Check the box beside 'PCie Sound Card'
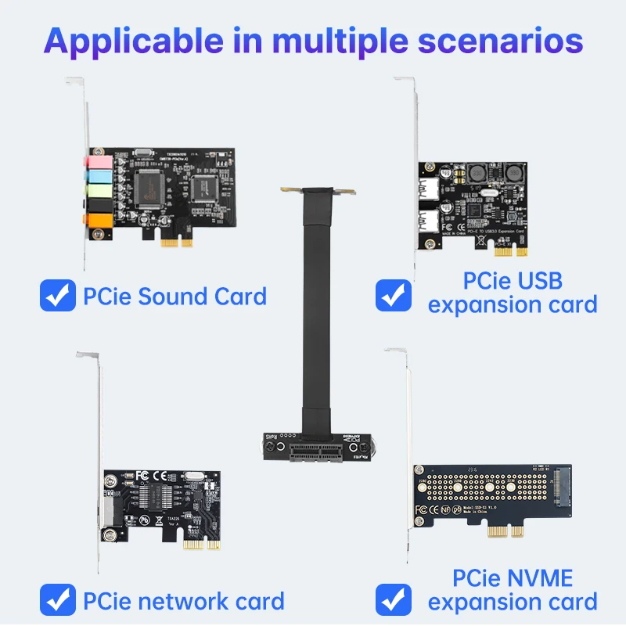tap(58, 297)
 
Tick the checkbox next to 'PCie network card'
tap(58, 601)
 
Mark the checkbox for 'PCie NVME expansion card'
tap(394, 599)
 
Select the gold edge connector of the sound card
tap(177, 242)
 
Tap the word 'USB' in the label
tap(535, 281)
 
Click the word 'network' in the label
tap(170, 601)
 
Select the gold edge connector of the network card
tap(199, 544)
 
